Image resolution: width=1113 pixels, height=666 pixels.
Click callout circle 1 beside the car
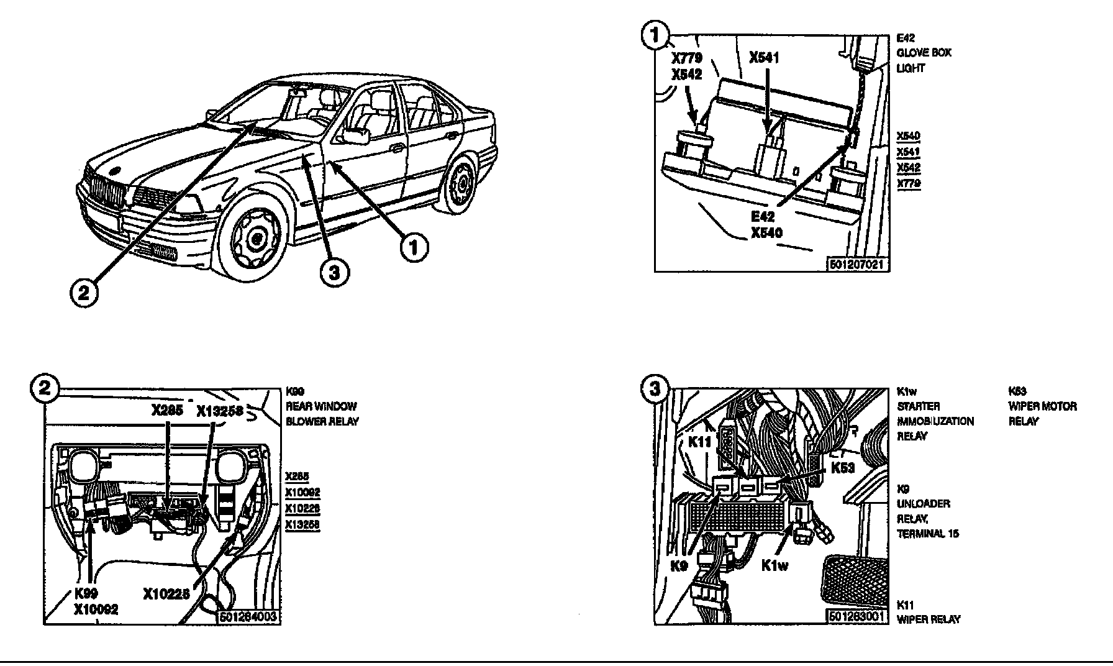[414, 248]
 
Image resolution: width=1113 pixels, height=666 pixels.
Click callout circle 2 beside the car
[84, 292]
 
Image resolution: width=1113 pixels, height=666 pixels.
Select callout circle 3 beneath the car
[334, 272]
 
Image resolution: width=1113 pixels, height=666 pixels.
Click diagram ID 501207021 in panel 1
[857, 264]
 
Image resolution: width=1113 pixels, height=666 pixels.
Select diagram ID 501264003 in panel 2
[247, 617]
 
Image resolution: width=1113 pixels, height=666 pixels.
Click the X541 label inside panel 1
[764, 58]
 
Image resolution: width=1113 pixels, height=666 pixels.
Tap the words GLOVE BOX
[924, 53]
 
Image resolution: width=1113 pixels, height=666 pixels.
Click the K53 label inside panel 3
[843, 468]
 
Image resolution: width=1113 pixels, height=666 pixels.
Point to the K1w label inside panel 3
[775, 566]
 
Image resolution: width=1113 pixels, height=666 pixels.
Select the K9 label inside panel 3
[679, 566]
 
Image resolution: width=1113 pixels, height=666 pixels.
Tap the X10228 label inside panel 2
[166, 594]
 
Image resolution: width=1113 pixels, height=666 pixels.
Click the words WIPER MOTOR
[1042, 406]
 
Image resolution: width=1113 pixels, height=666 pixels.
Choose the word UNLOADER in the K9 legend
[923, 504]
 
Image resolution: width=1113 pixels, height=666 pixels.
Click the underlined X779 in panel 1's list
[908, 183]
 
